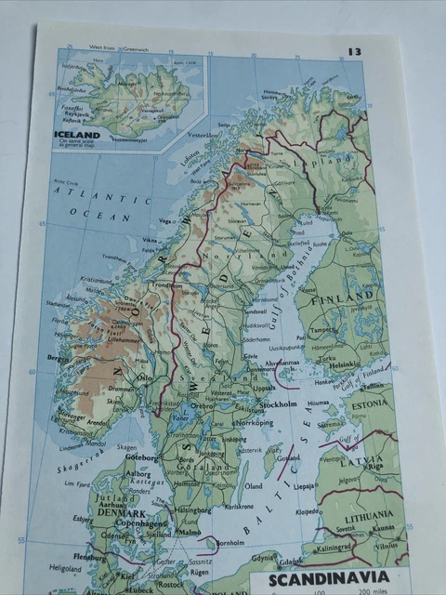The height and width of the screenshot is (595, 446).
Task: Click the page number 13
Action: (x=355, y=52)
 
